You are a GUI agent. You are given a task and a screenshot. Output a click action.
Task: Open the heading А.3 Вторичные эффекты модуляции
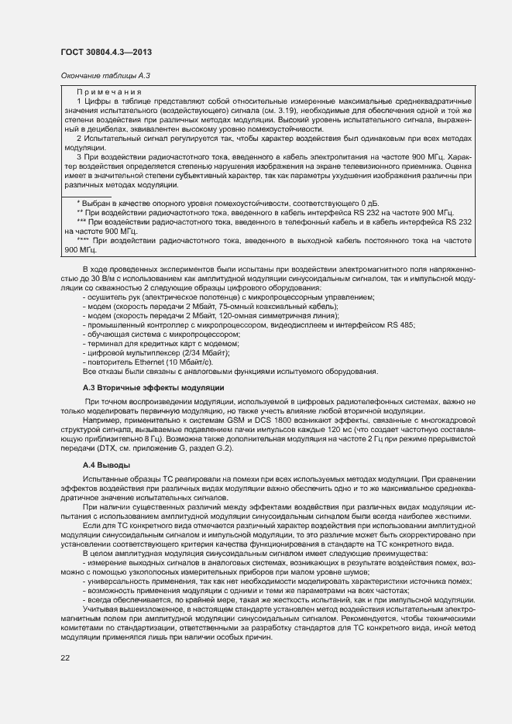[x=153, y=387]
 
